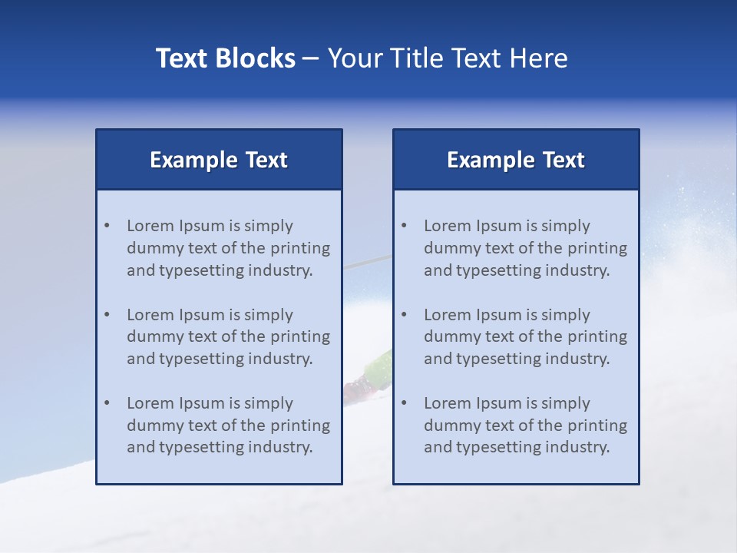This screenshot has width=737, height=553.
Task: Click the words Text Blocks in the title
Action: pos(226,58)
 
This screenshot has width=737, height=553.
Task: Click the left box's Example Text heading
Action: pos(219,160)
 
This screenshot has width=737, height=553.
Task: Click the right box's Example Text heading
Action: pos(516,160)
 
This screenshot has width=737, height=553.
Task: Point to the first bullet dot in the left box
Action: pos(107,226)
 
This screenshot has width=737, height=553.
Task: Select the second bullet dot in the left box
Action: pos(107,315)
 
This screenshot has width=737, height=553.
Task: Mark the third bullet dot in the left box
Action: pos(107,403)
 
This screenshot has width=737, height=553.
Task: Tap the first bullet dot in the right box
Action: pos(404,226)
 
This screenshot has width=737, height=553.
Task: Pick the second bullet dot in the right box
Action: pos(404,315)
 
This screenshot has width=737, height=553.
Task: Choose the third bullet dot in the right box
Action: pos(404,403)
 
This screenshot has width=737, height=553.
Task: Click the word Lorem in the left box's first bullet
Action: pos(150,226)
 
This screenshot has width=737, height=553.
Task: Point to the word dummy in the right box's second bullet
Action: pos(449,336)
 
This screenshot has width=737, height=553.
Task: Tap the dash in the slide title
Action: pos(311,58)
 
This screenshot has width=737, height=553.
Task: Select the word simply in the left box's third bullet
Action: pos(269,403)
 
